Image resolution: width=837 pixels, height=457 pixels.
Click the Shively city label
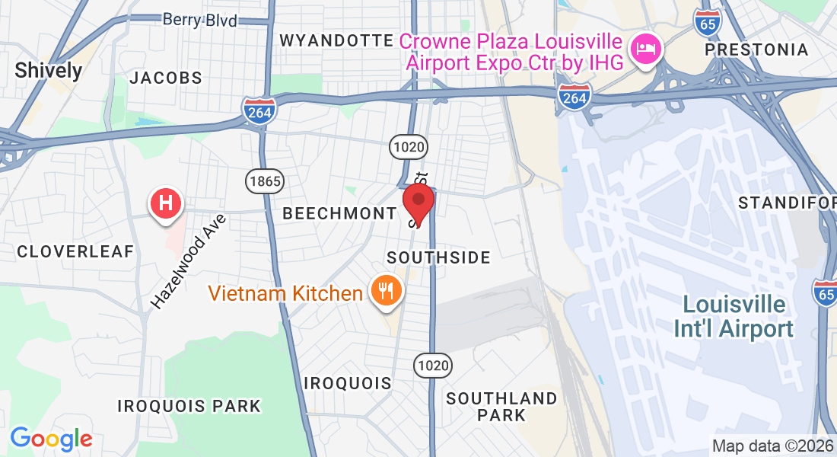(49, 71)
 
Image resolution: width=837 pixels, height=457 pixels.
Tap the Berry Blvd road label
(200, 20)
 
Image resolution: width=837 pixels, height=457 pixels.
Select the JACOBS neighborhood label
(166, 78)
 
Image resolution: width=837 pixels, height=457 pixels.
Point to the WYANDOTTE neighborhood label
(336, 40)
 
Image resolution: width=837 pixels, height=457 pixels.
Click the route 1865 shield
(264, 181)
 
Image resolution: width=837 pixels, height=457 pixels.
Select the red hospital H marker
(167, 203)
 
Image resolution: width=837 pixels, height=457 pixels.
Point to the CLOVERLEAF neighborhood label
(75, 251)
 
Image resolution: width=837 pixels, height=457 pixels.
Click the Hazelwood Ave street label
(189, 261)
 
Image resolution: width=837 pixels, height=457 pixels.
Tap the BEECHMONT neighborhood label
(339, 214)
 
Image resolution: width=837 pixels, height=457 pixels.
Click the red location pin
(418, 202)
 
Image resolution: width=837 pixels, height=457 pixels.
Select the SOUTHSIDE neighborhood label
(438, 257)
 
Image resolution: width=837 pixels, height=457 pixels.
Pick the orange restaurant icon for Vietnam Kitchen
(387, 291)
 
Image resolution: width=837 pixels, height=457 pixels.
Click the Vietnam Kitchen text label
(286, 293)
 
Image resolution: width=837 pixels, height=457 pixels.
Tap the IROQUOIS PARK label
(189, 406)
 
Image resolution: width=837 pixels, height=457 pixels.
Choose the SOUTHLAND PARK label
(501, 407)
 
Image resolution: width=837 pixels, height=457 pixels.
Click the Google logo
(51, 439)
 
